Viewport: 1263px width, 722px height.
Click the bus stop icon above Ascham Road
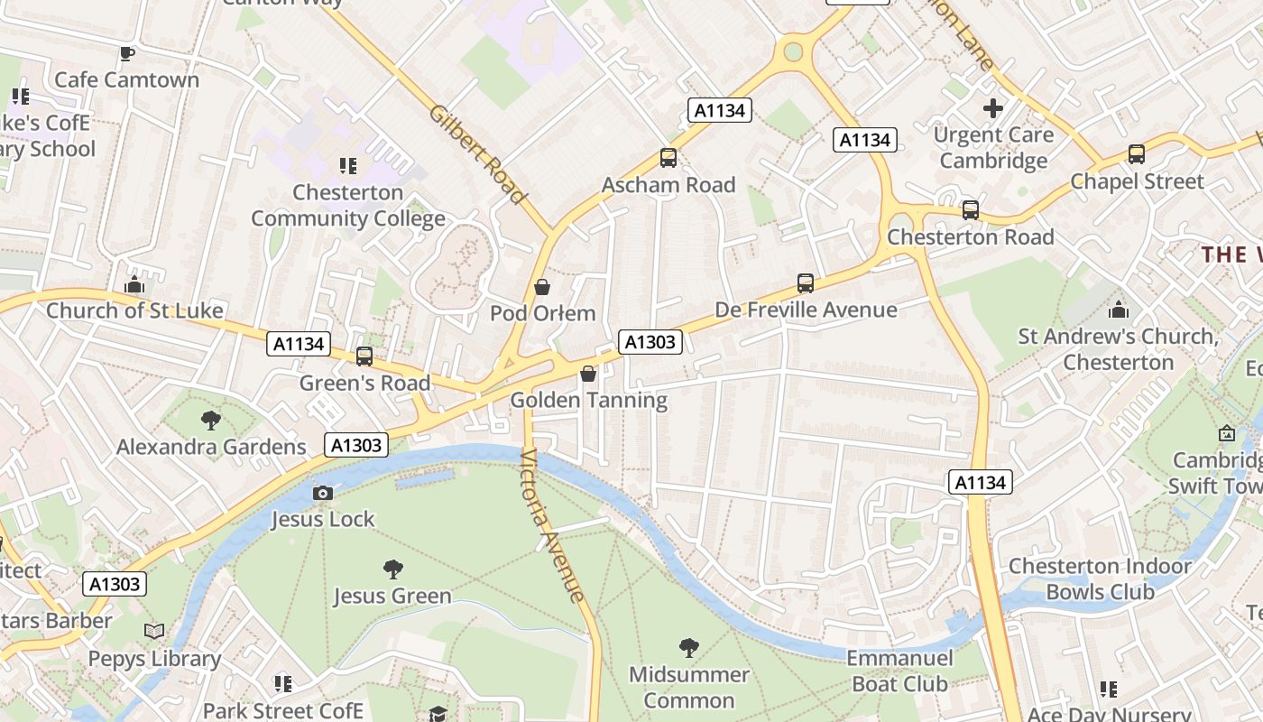coord(668,158)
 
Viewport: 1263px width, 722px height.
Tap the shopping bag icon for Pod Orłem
coord(542,288)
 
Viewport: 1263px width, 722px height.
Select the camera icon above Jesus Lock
coord(323,493)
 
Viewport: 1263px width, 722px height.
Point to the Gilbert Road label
coord(477,154)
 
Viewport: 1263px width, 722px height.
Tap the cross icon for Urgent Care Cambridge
coord(993,109)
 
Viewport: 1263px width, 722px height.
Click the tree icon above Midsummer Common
coord(689,647)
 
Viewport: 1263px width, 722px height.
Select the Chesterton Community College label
coord(348,206)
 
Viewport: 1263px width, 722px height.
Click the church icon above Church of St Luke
coord(134,284)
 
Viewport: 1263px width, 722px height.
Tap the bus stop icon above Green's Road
coord(364,356)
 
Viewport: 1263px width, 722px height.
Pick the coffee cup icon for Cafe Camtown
coord(127,54)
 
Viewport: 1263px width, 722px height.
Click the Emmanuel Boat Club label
coord(899,671)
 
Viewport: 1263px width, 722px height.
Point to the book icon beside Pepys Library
coord(155,632)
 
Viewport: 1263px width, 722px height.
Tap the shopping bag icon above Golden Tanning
coord(588,374)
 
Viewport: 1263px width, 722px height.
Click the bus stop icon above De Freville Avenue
coord(806,283)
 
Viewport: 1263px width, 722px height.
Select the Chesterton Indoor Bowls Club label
coord(1100,579)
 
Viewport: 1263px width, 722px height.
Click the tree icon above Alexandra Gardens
coord(211,421)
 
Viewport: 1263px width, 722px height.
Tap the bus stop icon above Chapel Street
coord(1137,154)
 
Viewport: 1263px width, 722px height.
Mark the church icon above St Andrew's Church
coord(1119,310)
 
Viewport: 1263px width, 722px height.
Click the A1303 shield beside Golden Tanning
coord(650,341)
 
